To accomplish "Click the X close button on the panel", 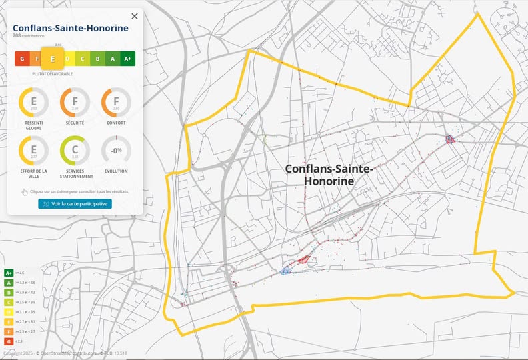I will [x=135, y=16].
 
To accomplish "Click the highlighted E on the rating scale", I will [x=53, y=59].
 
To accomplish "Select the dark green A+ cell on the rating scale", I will [x=128, y=59].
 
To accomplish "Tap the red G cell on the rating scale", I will [x=22, y=59].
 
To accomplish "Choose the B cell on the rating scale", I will [x=97, y=59].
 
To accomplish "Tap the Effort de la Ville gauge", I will [x=33, y=151].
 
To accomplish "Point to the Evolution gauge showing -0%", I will [x=116, y=151].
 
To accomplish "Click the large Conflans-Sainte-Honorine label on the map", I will [x=329, y=175].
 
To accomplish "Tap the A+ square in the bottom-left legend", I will [x=9, y=273].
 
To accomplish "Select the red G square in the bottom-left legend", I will [x=9, y=341].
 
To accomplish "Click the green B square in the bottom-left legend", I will [x=9, y=292].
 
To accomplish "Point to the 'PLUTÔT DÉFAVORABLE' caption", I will [x=53, y=74].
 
